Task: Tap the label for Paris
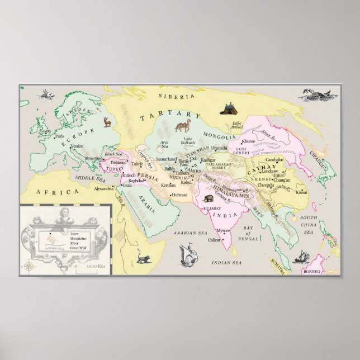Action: click(x=60, y=136)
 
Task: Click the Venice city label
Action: click(x=77, y=146)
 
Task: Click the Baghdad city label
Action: click(x=136, y=181)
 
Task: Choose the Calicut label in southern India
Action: click(x=214, y=240)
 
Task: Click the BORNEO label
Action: click(x=312, y=271)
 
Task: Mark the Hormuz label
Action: click(x=179, y=195)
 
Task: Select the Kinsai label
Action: click(x=301, y=192)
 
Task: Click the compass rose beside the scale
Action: click(x=27, y=267)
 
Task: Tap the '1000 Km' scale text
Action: click(x=95, y=266)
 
